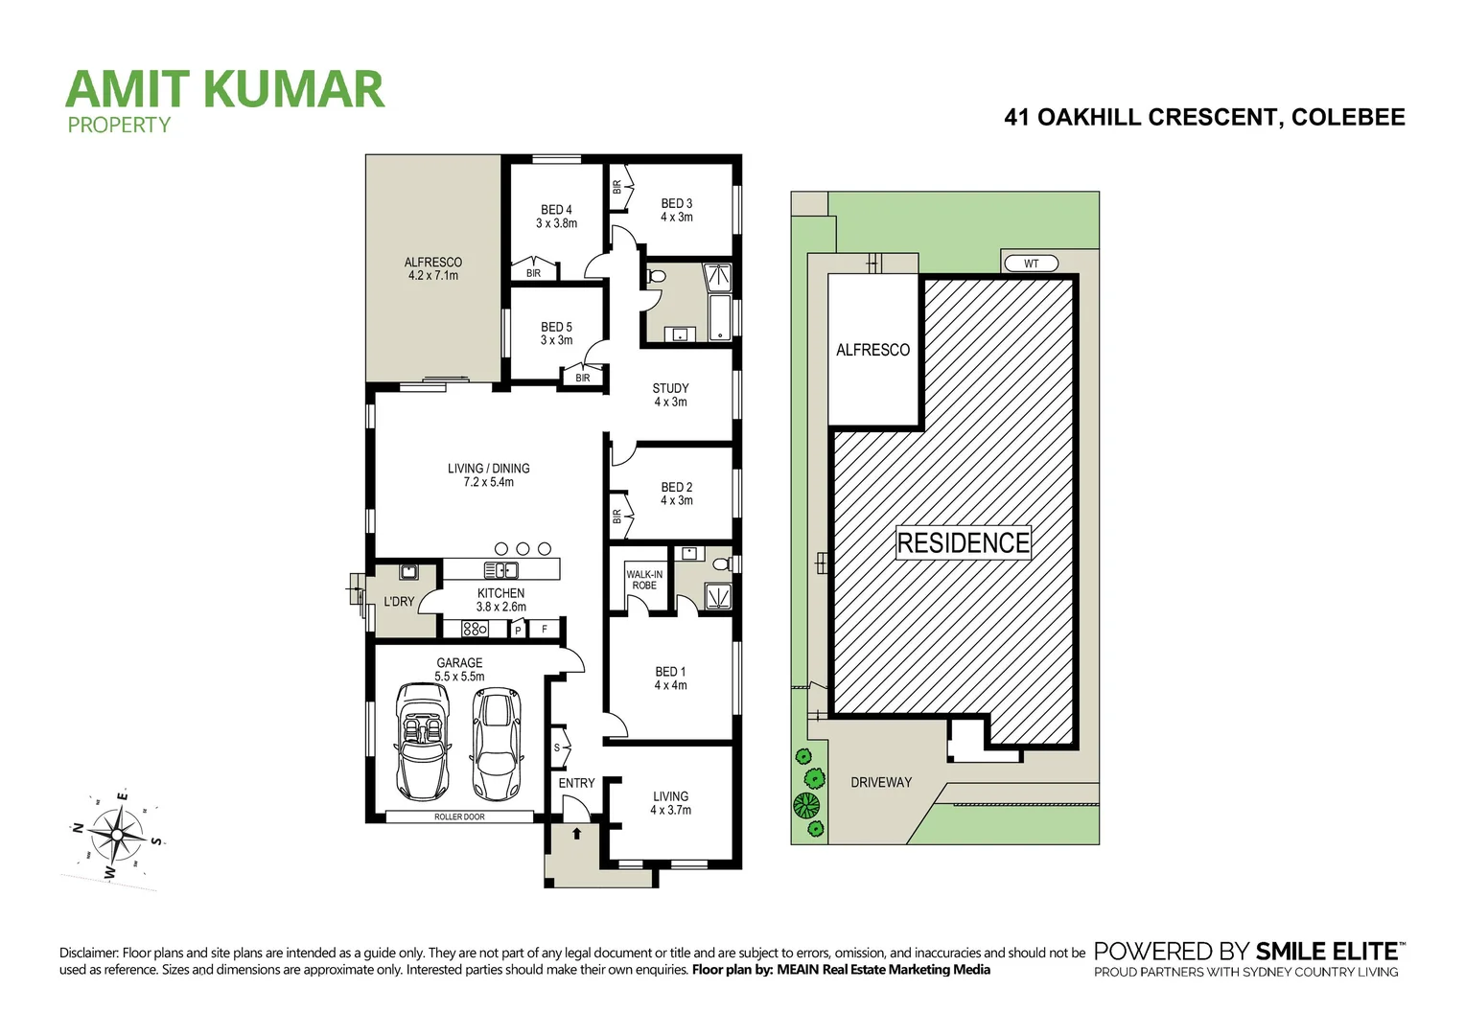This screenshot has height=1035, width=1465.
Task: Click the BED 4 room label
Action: [556, 217]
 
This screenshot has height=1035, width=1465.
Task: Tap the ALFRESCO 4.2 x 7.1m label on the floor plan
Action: [432, 268]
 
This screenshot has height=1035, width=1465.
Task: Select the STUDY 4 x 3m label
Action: [670, 395]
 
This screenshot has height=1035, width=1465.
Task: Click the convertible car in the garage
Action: [423, 741]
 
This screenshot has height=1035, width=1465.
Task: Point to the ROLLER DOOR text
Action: [459, 816]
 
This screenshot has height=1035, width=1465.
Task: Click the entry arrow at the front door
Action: [577, 834]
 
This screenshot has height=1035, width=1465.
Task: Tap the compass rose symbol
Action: [116, 834]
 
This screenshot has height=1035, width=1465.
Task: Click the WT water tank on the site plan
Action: [1031, 264]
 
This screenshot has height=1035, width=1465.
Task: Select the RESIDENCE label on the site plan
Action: [963, 542]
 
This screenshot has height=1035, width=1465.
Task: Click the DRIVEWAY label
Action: [881, 782]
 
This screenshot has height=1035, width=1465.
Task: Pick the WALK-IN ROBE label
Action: [644, 580]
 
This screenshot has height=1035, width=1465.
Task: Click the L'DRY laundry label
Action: [399, 602]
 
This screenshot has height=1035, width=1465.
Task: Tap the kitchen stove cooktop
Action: [475, 629]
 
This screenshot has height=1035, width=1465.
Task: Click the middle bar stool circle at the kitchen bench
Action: [523, 548]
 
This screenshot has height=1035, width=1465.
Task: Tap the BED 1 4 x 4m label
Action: [670, 678]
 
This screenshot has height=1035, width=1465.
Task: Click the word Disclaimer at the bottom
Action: [88, 953]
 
